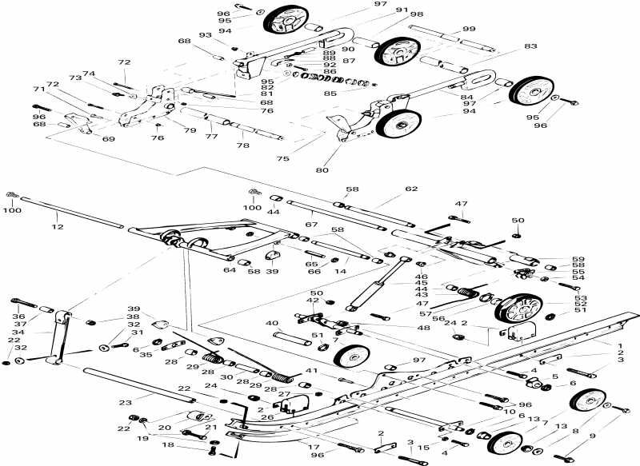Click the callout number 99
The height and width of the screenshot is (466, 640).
pos(469,29)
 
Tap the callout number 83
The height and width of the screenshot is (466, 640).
pos(531,47)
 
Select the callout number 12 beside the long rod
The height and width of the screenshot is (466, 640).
pos(57,228)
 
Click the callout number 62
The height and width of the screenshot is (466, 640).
pos(411,189)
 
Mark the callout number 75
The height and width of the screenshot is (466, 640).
pos(282,159)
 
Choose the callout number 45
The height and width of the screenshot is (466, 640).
pos(422,282)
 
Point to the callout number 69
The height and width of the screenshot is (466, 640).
pos(108,139)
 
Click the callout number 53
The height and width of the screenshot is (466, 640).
pos(557,298)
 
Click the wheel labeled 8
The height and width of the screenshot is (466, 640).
pos(590,401)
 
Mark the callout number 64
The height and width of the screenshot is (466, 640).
pos(230,270)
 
